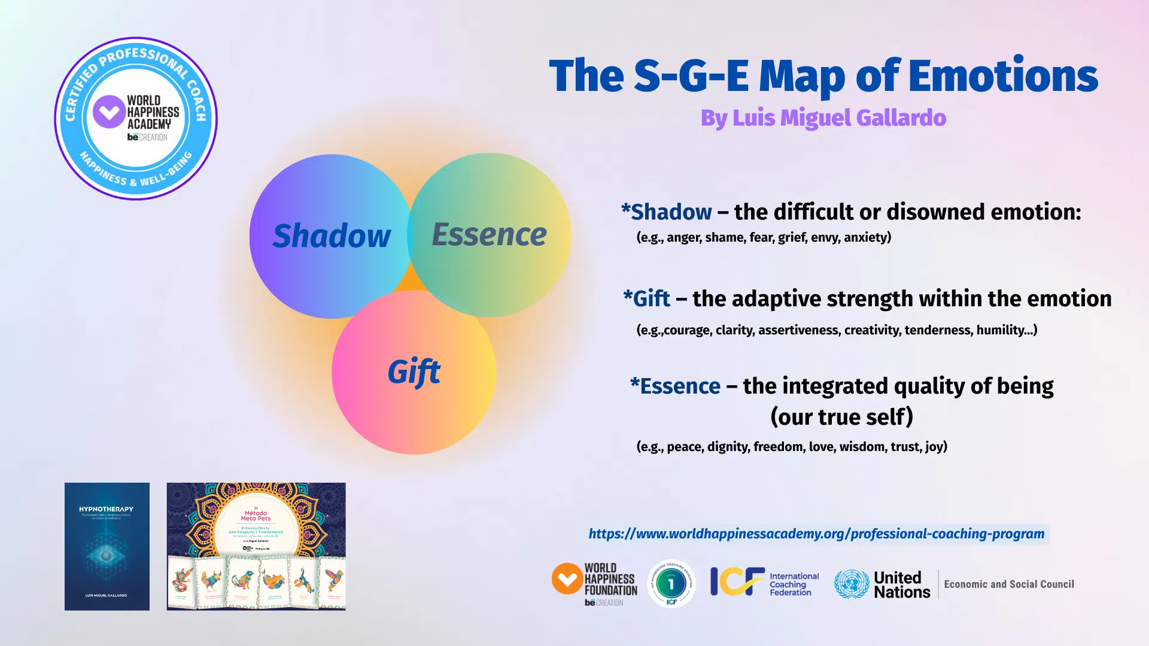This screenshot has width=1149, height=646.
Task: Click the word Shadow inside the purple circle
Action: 332,236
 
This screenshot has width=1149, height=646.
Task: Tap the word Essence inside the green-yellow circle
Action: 489,234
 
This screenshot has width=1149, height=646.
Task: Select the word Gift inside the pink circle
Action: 414,372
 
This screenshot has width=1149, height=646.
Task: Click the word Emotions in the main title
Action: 1003,76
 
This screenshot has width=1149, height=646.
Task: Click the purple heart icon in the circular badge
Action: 108,112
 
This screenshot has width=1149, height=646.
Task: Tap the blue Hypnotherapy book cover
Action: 107,546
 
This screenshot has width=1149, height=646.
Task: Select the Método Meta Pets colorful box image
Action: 256,546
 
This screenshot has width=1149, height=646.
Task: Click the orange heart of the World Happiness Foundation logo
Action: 567,578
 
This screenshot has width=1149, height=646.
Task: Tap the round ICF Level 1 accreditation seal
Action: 671,583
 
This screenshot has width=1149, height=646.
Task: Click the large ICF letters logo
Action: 737,581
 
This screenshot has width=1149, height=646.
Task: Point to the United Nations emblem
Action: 852,584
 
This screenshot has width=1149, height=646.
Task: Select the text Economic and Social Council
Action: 1009,584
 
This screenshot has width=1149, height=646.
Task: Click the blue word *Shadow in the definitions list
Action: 667,212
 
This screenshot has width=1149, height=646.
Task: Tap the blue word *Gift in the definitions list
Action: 647,298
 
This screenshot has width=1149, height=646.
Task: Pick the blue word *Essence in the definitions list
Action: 676,386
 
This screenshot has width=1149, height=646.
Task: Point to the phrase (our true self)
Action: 841,417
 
